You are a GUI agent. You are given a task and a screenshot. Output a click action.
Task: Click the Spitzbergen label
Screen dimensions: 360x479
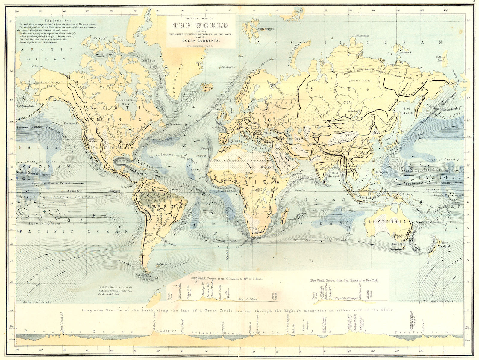pos(266,29)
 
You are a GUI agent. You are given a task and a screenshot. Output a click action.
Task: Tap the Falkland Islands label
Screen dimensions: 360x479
pos(163,264)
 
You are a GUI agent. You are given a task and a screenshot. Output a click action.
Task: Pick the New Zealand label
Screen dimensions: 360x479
pos(445,244)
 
